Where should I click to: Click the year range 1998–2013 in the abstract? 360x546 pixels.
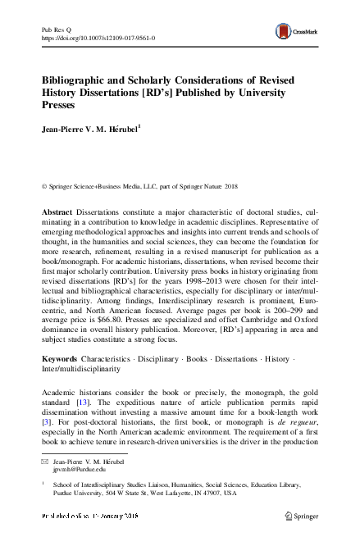[221, 281]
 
